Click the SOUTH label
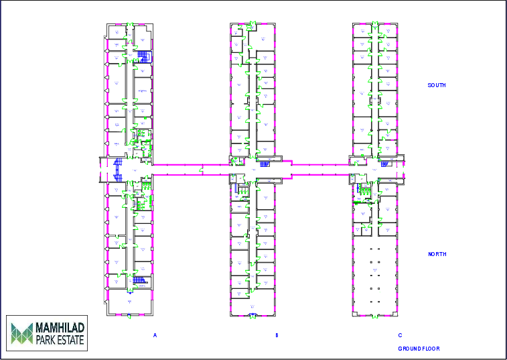(437, 85)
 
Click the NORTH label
(437, 254)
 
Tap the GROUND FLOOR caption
(419, 349)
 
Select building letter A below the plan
(155, 335)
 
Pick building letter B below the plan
(277, 335)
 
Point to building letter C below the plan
(400, 335)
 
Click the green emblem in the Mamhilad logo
(21, 333)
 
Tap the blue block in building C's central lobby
(384, 164)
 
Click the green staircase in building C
(366, 190)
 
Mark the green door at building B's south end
(252, 25)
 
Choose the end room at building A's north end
(129, 302)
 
